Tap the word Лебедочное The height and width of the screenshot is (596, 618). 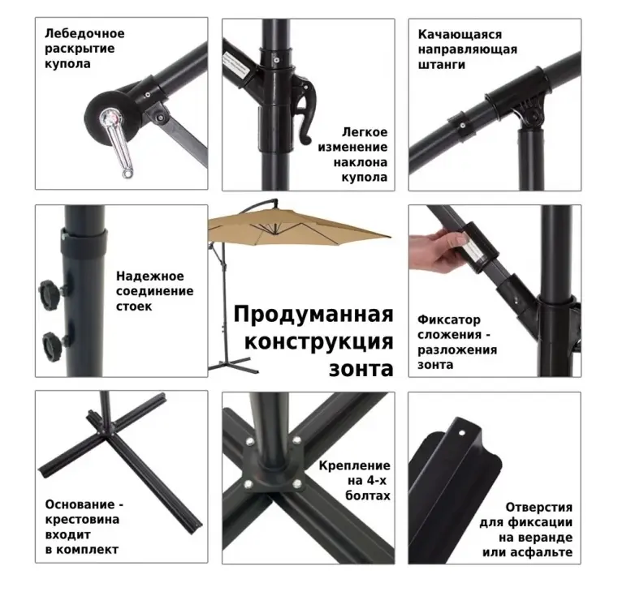(x=84, y=34)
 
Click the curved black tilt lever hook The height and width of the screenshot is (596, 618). (x=304, y=110)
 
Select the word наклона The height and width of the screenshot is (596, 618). (x=361, y=162)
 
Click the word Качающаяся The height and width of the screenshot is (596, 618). (x=460, y=35)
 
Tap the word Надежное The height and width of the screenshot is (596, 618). (x=149, y=277)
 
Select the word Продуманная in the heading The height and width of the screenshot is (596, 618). (x=313, y=315)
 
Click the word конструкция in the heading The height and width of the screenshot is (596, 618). (x=319, y=341)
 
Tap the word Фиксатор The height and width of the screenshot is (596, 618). (x=449, y=319)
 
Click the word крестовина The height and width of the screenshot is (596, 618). (x=82, y=519)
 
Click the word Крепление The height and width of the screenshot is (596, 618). (x=354, y=466)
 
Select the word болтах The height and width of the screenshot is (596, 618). (x=367, y=495)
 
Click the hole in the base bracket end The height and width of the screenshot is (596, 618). (x=461, y=433)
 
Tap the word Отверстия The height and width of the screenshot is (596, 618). (x=538, y=508)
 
